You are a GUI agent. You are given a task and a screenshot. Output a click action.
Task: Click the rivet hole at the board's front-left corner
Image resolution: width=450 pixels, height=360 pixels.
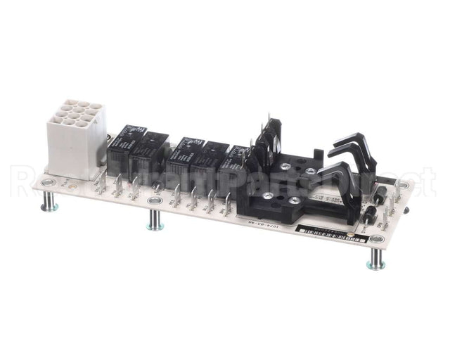tap(47, 184)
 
